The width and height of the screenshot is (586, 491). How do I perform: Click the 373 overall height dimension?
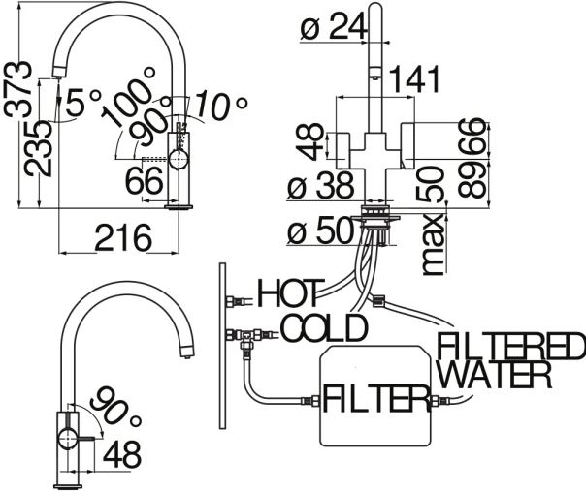[x=16, y=89]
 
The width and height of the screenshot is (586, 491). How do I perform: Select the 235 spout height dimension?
[x=38, y=148]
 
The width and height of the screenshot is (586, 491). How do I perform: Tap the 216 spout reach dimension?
[x=123, y=237]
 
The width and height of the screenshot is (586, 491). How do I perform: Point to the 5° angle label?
[x=82, y=102]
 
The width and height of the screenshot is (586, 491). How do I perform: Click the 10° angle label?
[x=220, y=105]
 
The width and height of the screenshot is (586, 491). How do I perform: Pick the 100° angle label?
[x=128, y=96]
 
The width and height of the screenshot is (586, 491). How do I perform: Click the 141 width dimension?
[x=414, y=79]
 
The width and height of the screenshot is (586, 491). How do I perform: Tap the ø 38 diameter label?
[x=321, y=185]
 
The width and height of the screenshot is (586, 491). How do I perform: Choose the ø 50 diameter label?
[x=321, y=230]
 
